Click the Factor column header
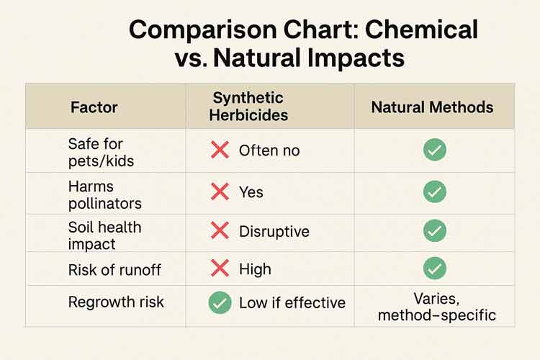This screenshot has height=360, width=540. [x=94, y=108]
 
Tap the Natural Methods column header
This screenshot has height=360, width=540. [x=432, y=107]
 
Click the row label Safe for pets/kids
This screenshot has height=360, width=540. [x=101, y=151]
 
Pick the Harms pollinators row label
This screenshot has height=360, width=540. [x=104, y=194]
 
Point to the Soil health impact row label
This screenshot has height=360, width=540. [x=104, y=235]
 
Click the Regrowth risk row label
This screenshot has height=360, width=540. [x=116, y=302]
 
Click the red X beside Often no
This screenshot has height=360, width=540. [x=220, y=150]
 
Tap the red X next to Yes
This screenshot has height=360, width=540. [x=220, y=192]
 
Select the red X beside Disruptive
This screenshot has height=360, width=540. [x=220, y=231]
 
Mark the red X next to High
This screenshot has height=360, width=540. [x=220, y=269]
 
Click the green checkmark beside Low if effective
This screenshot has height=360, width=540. [x=220, y=302]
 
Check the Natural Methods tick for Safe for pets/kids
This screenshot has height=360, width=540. [x=434, y=150]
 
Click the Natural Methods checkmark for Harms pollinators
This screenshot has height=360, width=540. [x=434, y=192]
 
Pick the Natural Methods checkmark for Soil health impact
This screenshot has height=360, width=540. [x=434, y=230]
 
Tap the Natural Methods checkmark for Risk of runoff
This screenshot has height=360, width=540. [x=434, y=269]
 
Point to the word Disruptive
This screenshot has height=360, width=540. [x=274, y=232]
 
